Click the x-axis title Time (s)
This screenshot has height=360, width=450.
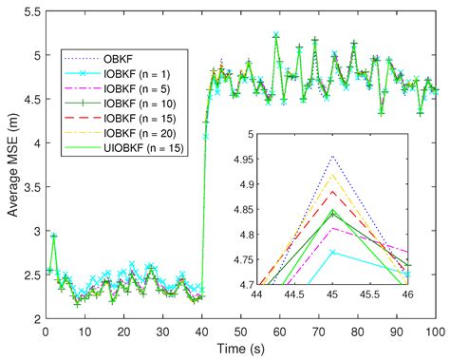[x=240, y=349]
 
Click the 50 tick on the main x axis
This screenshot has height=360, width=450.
[x=240, y=331]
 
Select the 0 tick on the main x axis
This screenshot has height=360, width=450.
[x=46, y=331]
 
